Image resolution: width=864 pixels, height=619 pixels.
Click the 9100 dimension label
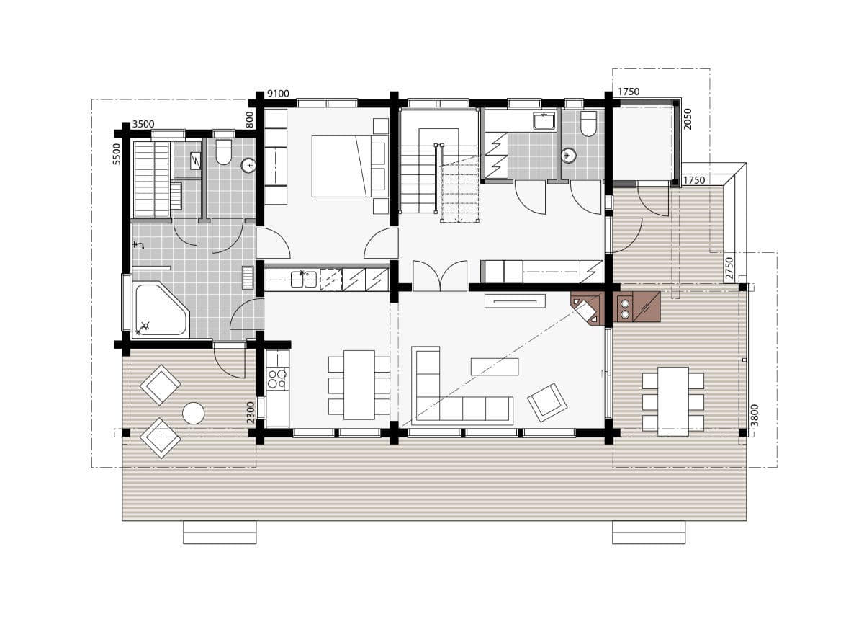pyautogui.click(x=278, y=94)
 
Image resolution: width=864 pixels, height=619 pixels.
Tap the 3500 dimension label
pyautogui.click(x=143, y=125)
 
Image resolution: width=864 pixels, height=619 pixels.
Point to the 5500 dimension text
pyautogui.click(x=117, y=153)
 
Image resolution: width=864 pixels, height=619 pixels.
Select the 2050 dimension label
pyautogui.click(x=688, y=119)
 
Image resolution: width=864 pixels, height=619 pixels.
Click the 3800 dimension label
pyautogui.click(x=754, y=415)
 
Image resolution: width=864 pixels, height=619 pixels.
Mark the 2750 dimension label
pyautogui.click(x=729, y=268)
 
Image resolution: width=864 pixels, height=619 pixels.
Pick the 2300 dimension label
pyautogui.click(x=251, y=413)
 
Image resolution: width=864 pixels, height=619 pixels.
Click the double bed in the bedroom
pyautogui.click(x=341, y=166)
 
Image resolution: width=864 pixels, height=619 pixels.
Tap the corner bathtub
pyautogui.click(x=159, y=311)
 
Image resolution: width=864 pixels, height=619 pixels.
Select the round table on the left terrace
pyautogui.click(x=193, y=413)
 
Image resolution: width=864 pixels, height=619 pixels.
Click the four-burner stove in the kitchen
pyautogui.click(x=277, y=378)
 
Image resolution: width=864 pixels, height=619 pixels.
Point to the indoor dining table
pyautogui.click(x=359, y=384)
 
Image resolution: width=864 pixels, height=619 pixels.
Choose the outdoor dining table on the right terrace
pyautogui.click(x=673, y=401)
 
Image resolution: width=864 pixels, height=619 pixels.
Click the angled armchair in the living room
pyautogui.click(x=547, y=401)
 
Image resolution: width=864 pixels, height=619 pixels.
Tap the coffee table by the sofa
pyautogui.click(x=494, y=366)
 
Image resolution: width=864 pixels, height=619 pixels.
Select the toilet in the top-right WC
pyautogui.click(x=588, y=123)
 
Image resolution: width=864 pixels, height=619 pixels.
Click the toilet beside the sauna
pyautogui.click(x=224, y=151)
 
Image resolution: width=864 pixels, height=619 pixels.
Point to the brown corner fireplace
pyautogui.click(x=588, y=308)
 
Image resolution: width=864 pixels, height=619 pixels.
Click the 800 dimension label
pyautogui.click(x=250, y=119)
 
